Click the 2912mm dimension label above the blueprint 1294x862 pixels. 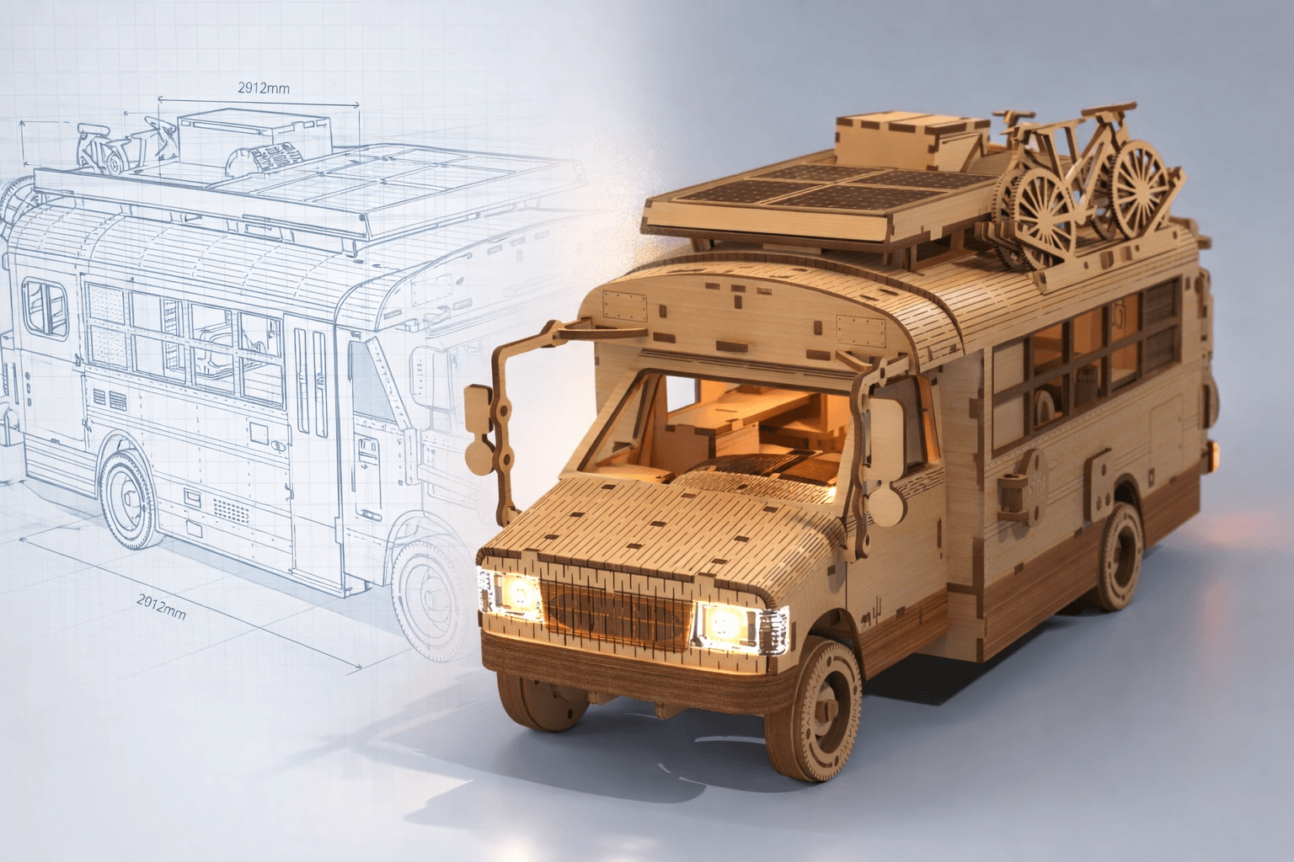click(x=264, y=88)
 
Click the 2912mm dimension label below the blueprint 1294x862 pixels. click(x=162, y=607)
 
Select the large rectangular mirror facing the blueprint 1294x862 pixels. click(x=479, y=409)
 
